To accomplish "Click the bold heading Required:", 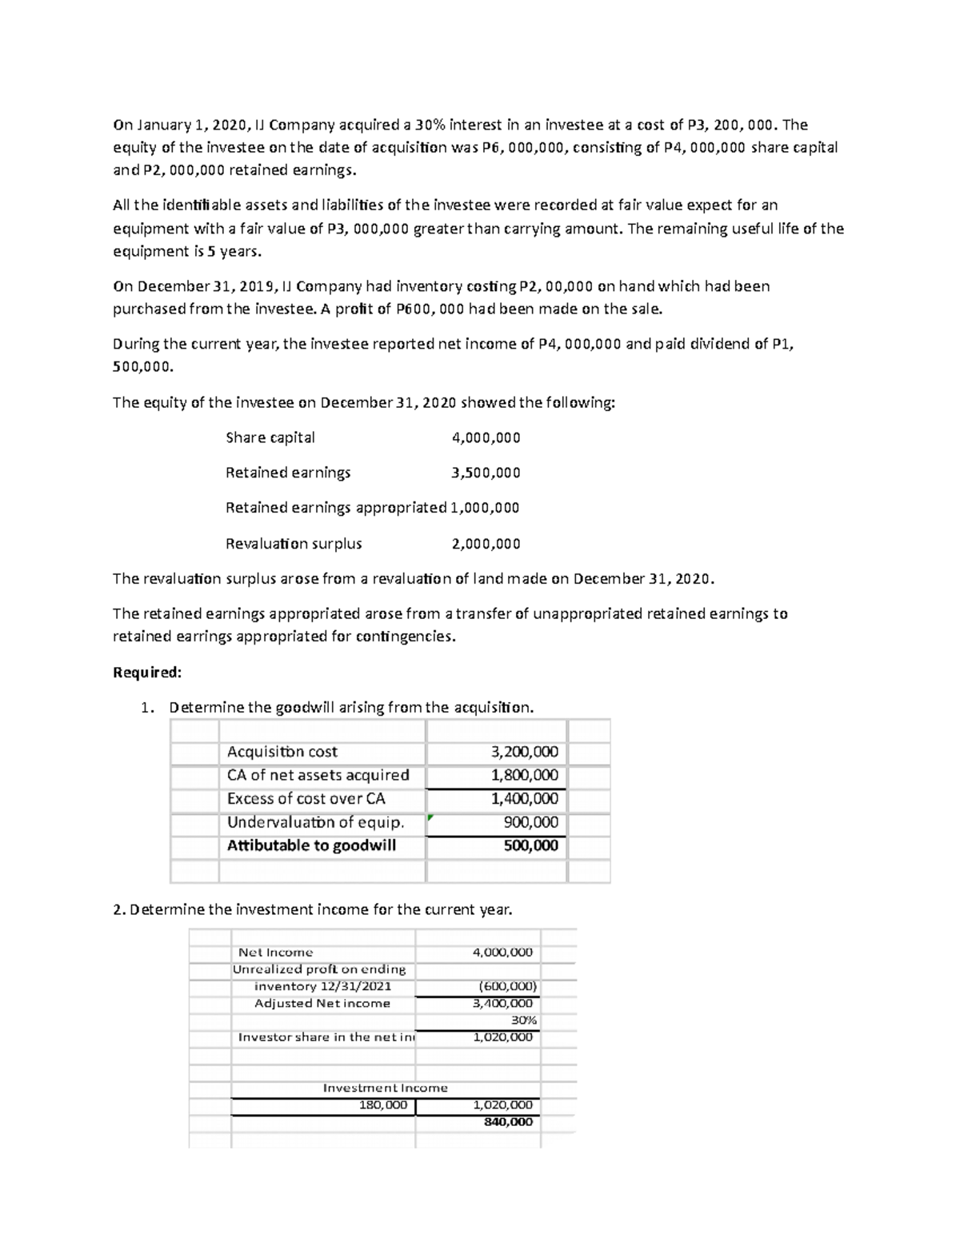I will (x=147, y=673).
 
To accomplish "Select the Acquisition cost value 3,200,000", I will (x=524, y=752).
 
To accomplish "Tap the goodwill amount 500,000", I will (x=530, y=845).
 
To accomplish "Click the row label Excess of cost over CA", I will (x=306, y=798).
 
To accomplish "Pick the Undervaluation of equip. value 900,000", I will (x=530, y=822).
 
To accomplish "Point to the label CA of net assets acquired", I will (x=318, y=775).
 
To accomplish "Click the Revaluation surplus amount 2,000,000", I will (x=486, y=544).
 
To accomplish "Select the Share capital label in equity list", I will (x=270, y=437).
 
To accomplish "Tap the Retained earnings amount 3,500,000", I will (x=486, y=473).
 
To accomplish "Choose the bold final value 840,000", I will (x=508, y=1121).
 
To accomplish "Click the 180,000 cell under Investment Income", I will (x=383, y=1104).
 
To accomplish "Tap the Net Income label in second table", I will (x=275, y=952).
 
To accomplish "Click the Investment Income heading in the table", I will (x=385, y=1088).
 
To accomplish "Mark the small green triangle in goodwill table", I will (x=430, y=817).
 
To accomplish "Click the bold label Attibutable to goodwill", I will (x=311, y=845).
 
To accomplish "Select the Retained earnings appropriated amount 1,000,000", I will (x=485, y=508).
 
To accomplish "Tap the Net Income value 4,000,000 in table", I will (x=502, y=952).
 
